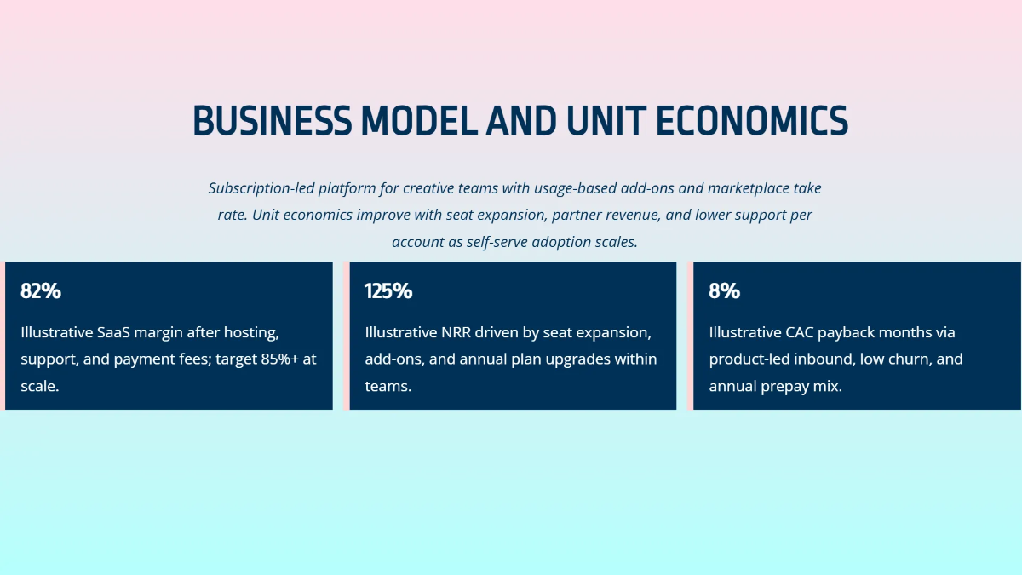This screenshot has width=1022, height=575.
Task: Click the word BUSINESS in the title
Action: pyautogui.click(x=272, y=121)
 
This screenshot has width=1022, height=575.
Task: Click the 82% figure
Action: pyautogui.click(x=41, y=291)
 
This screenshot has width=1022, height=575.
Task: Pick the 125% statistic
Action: pyautogui.click(x=388, y=291)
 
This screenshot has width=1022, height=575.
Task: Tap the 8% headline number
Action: pyautogui.click(x=724, y=291)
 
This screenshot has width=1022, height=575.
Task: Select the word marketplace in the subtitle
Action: pyautogui.click(x=749, y=188)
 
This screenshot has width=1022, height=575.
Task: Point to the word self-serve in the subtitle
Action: pyautogui.click(x=499, y=242)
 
